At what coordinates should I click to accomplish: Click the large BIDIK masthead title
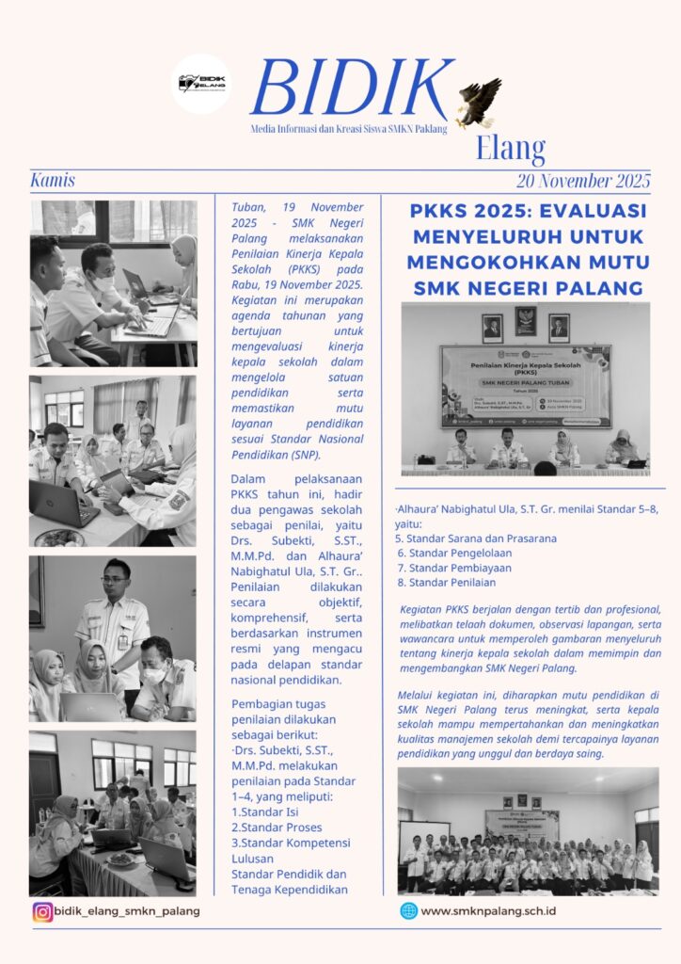click(350, 89)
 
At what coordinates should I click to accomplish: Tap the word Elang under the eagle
click(510, 148)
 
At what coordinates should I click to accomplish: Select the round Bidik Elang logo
click(200, 84)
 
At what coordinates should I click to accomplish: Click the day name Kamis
click(53, 180)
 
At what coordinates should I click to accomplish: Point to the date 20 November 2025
click(582, 181)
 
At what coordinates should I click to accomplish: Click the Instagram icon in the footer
click(42, 911)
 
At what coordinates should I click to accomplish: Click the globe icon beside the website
click(408, 910)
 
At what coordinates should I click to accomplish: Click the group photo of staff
click(528, 831)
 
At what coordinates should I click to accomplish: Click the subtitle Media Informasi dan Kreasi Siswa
click(348, 128)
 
